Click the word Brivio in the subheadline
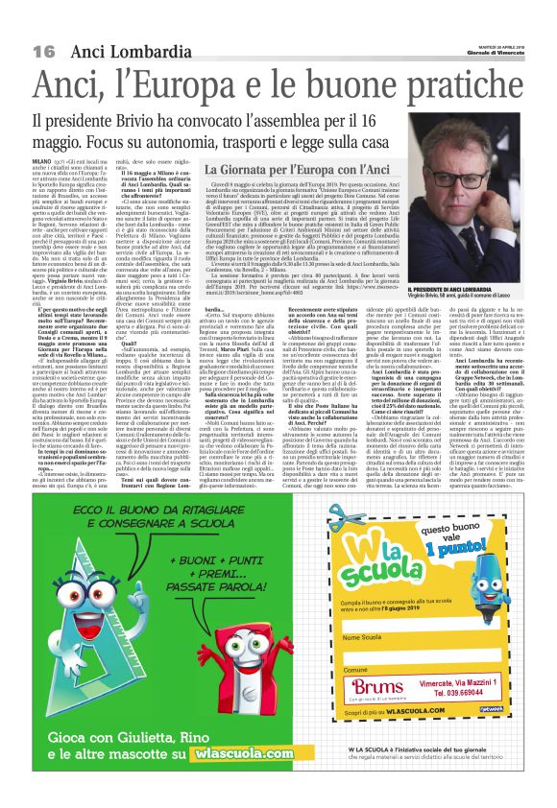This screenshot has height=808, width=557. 138,121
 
